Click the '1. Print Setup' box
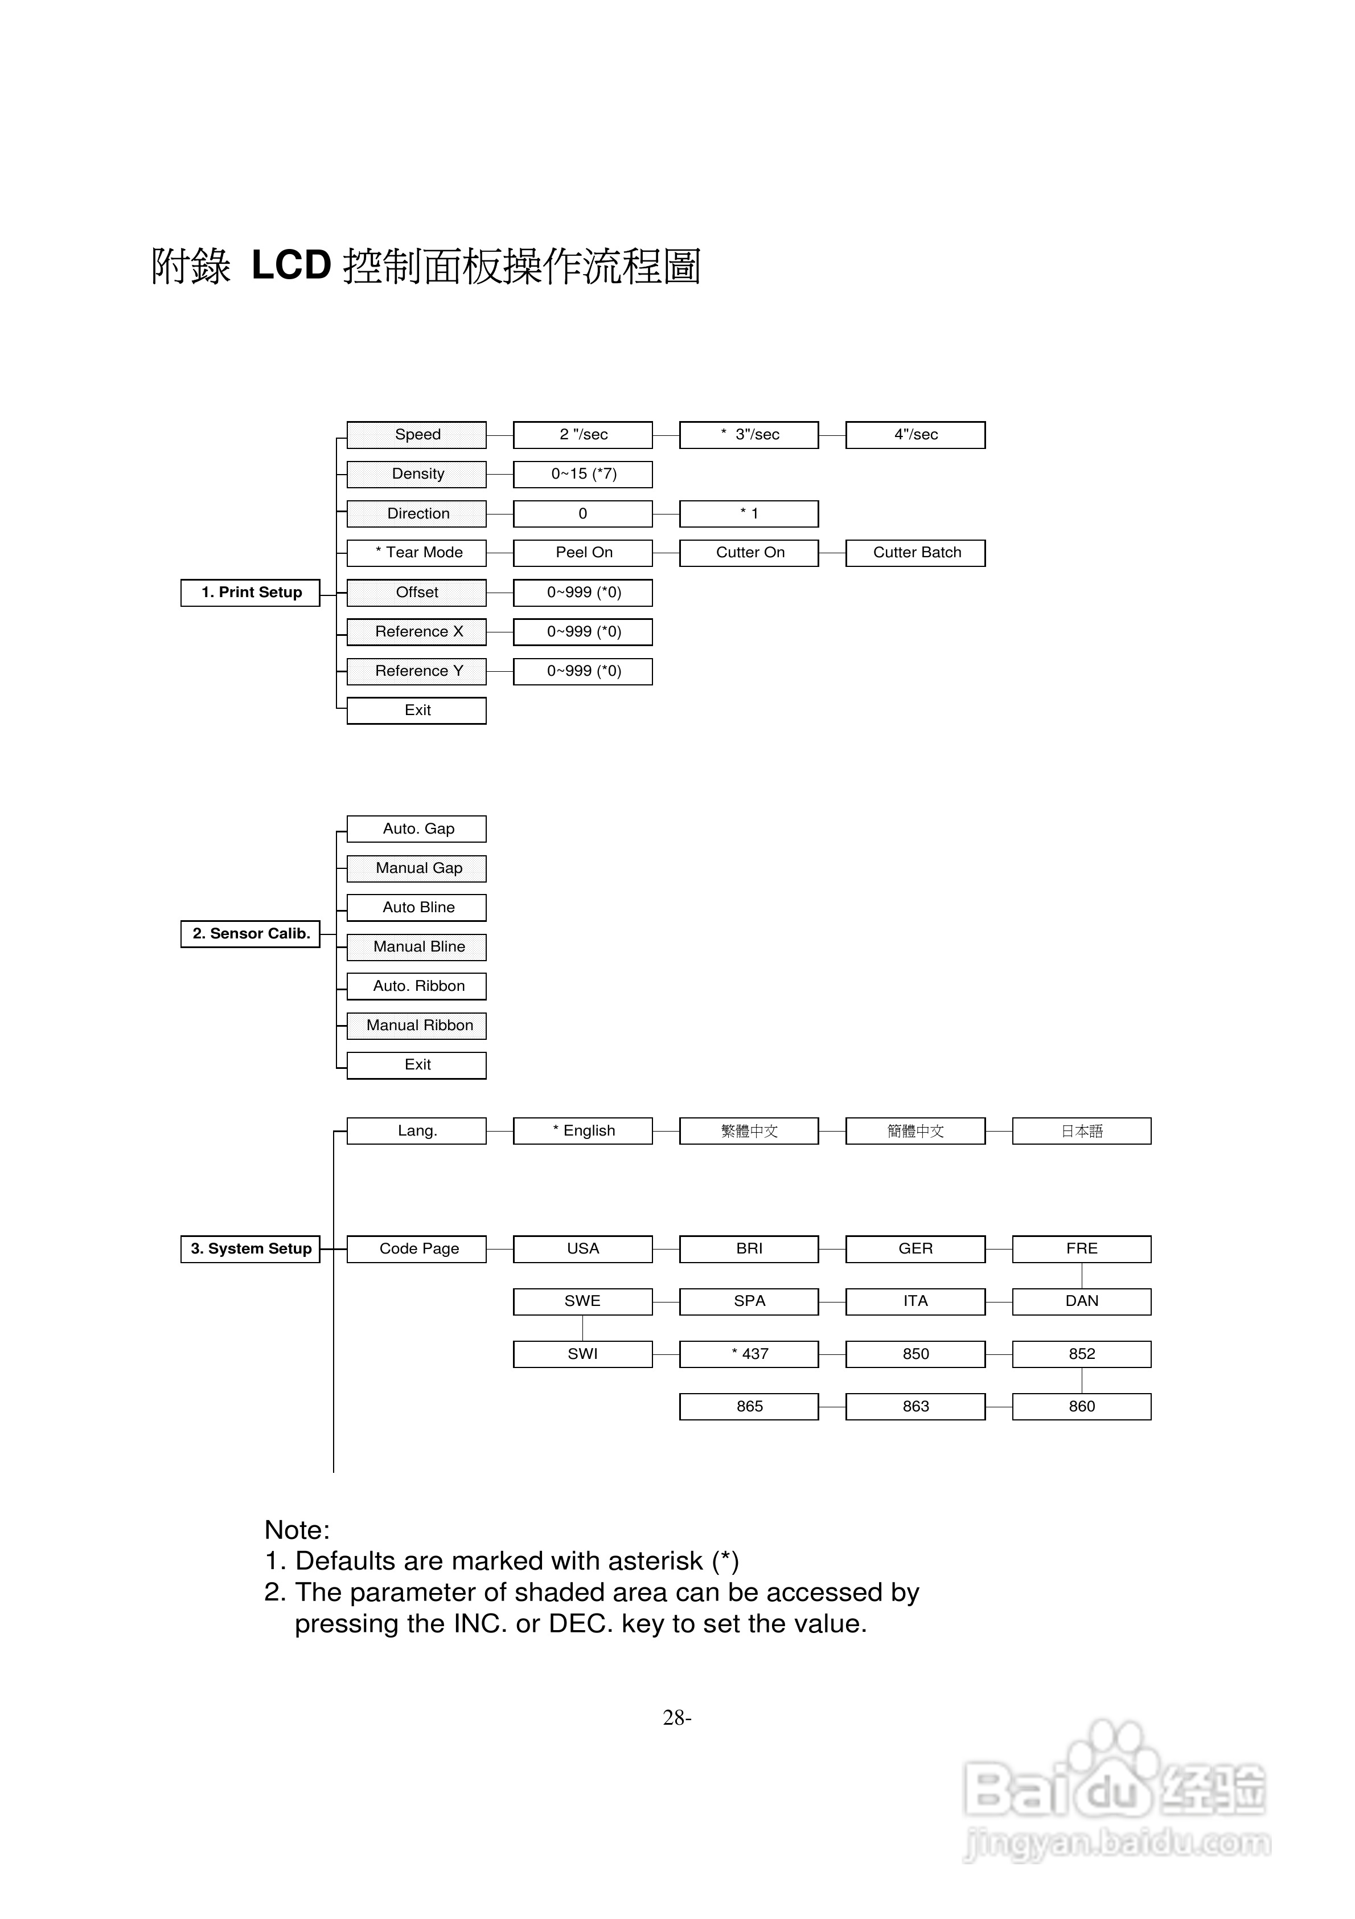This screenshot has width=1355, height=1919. tap(250, 593)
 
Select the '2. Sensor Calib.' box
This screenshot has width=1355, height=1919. tap(250, 934)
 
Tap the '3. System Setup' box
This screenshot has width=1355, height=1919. tap(250, 1249)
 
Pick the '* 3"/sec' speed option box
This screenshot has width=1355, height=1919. tap(749, 435)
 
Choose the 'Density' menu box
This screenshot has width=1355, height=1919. tap(416, 474)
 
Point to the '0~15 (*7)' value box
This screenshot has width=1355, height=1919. tap(582, 474)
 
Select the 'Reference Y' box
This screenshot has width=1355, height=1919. tap(416, 671)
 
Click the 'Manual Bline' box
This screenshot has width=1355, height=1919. tap(416, 947)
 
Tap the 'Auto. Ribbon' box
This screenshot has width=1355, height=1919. tap(416, 986)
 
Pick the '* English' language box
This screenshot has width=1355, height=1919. tap(582, 1131)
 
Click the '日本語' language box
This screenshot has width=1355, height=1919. tap(1081, 1131)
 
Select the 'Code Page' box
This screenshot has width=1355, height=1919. tap(416, 1249)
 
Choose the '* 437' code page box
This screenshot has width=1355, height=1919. tap(749, 1354)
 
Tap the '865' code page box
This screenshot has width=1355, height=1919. tap(749, 1407)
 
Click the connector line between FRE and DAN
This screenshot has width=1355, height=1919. tap(1082, 1275)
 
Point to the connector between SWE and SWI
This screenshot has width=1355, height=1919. tap(582, 1328)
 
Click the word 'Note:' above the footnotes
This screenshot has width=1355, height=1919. tap(297, 1530)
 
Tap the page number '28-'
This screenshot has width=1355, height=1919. tap(677, 1717)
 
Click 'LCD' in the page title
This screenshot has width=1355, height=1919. tap(291, 266)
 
